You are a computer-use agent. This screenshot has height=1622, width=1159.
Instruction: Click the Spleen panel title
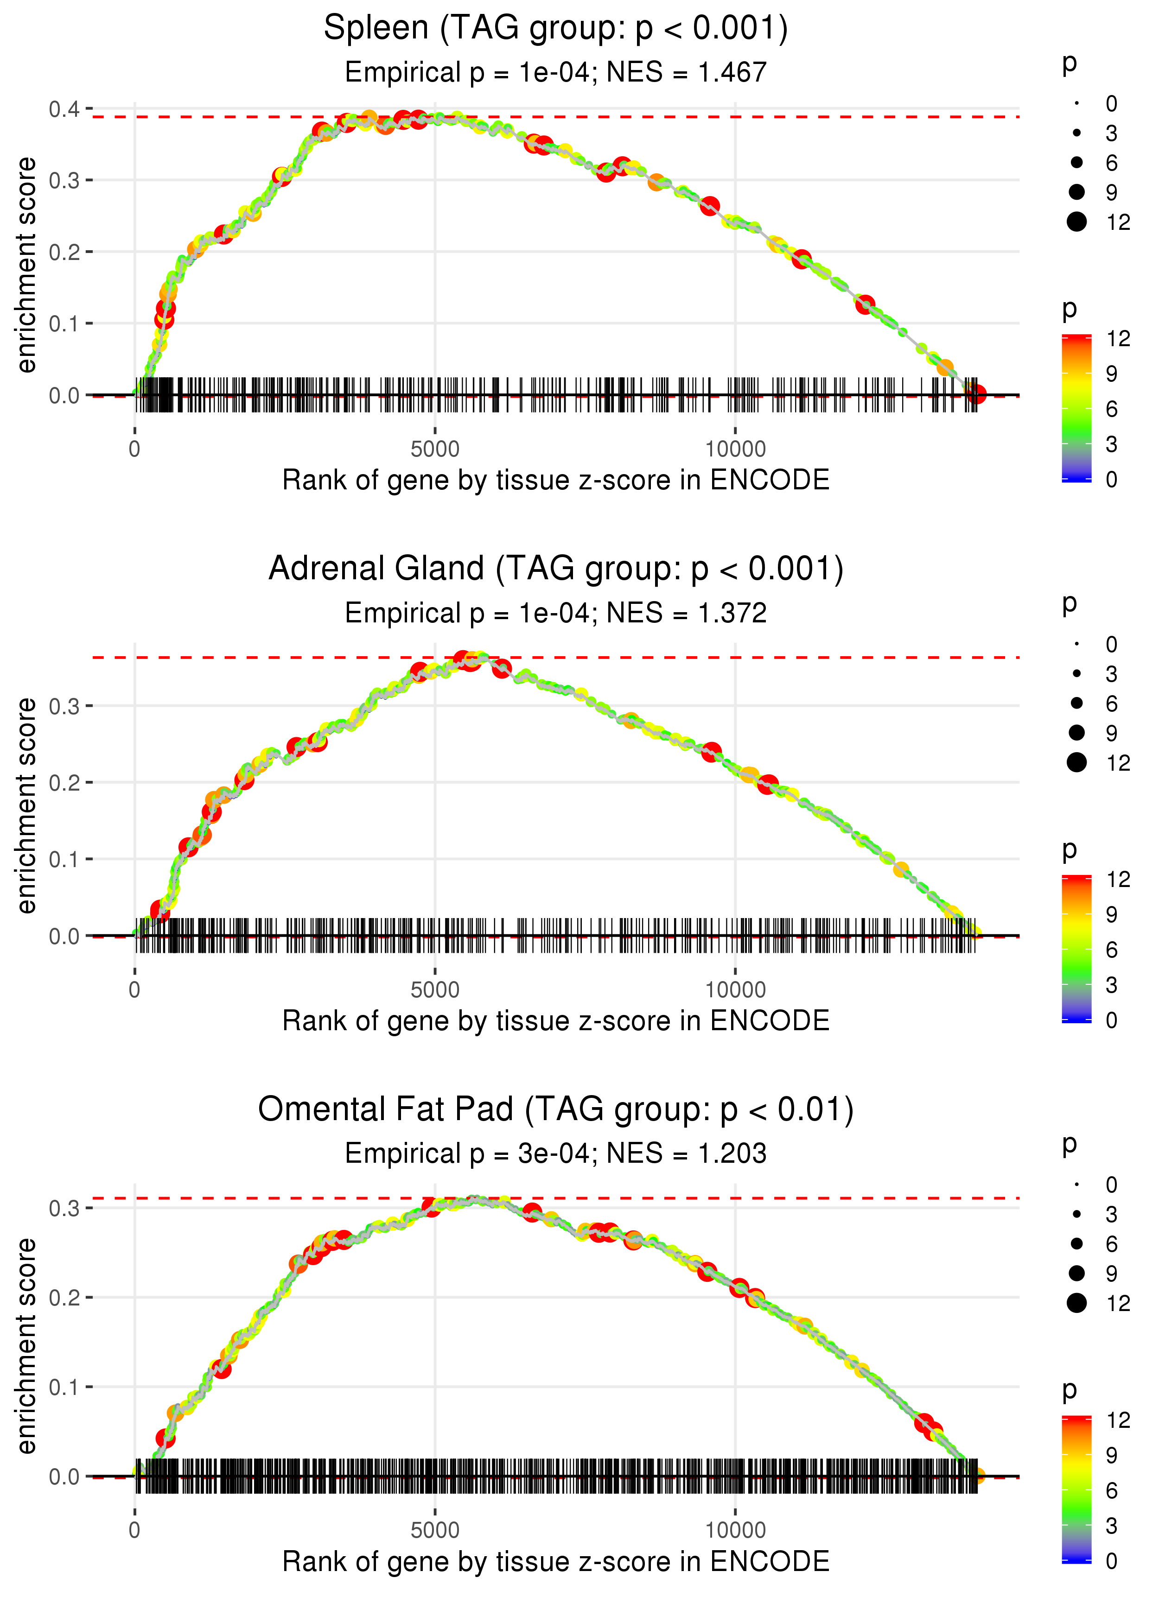point(555,29)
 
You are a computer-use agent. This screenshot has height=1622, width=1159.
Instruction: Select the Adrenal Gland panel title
point(555,569)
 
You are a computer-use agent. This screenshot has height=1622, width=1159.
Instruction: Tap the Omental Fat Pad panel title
point(555,1110)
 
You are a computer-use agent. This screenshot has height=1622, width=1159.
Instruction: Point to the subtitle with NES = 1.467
point(555,73)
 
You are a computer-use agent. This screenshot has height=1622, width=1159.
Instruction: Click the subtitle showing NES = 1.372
point(555,614)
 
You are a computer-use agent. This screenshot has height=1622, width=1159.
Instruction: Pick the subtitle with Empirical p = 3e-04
point(555,1153)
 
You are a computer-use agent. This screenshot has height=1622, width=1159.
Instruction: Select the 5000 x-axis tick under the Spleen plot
point(435,450)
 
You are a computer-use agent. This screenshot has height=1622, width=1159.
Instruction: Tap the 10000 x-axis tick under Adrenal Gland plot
point(735,990)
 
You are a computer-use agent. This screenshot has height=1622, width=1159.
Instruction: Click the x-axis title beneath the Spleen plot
point(555,480)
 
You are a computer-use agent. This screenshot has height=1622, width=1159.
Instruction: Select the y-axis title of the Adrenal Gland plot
point(26,805)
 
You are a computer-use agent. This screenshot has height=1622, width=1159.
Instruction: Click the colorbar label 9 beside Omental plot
point(1111,1455)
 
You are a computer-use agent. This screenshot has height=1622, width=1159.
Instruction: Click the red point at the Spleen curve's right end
point(977,394)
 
